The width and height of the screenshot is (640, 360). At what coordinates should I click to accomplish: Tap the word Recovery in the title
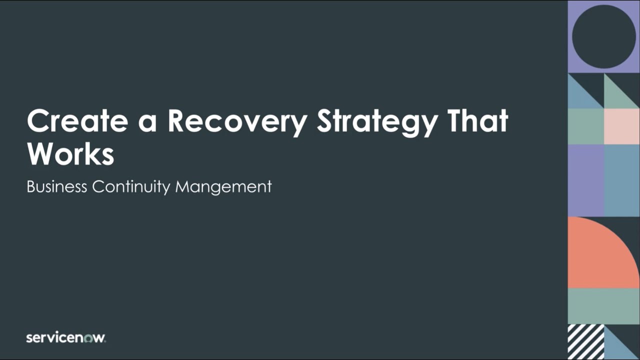[x=237, y=121]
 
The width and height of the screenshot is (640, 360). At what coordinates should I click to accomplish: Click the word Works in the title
[x=70, y=154]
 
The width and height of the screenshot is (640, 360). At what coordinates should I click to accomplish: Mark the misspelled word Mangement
[x=223, y=187]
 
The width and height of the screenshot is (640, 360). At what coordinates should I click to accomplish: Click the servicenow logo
[x=65, y=338]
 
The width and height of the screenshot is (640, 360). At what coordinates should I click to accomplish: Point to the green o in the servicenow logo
[x=88, y=338]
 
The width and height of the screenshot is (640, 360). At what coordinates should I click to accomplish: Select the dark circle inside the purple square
[x=603, y=36]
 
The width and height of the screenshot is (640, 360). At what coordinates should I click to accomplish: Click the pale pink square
[x=621, y=126]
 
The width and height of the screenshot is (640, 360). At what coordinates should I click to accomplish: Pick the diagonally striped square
[x=585, y=341]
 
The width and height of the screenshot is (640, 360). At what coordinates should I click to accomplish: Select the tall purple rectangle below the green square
[x=585, y=180]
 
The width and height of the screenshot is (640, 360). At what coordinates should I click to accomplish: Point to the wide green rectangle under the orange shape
[x=603, y=306]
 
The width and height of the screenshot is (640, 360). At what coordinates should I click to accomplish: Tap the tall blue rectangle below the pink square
[x=621, y=180]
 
